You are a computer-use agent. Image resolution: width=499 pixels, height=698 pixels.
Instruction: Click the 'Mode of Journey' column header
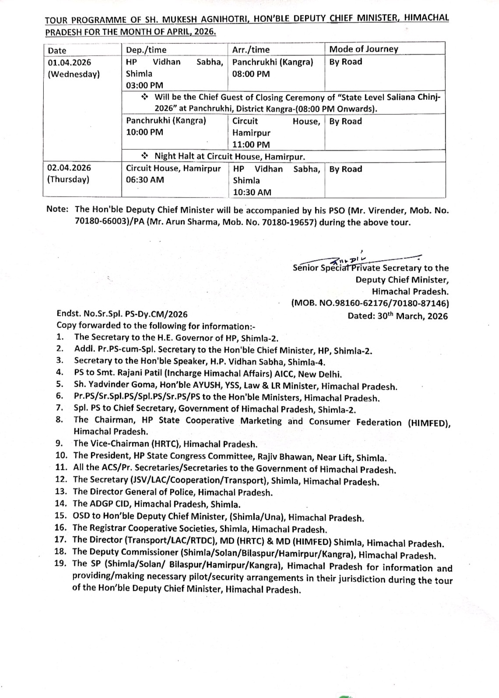point(363,49)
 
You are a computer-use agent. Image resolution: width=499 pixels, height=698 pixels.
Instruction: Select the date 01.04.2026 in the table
point(70,62)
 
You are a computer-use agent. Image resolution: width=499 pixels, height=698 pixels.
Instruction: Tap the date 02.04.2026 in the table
point(70,168)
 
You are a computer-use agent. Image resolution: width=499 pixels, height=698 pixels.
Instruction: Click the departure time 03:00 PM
point(144,85)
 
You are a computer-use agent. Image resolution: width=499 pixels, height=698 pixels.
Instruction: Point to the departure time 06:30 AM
point(145,180)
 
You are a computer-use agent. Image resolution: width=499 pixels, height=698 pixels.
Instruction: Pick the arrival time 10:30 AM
point(252,192)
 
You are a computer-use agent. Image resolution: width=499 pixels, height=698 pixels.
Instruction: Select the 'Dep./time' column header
point(146,49)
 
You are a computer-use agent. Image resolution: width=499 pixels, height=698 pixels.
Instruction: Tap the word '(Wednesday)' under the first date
point(74,74)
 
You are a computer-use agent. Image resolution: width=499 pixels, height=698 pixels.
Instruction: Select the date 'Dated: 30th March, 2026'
point(397,316)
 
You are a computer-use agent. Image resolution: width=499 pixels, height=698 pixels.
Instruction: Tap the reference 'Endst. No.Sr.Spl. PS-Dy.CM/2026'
point(122,314)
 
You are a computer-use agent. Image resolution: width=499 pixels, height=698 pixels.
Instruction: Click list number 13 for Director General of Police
point(61,492)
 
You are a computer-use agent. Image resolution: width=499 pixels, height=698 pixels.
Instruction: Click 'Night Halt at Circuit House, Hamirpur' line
point(229,156)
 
